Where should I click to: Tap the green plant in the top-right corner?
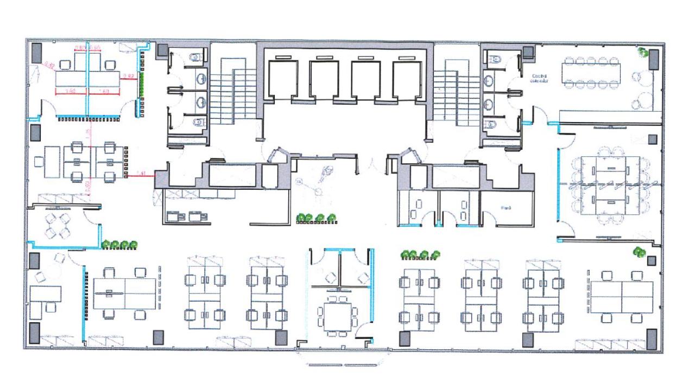(x=643, y=53)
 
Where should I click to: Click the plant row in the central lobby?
(x=317, y=218)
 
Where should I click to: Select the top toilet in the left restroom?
(x=197, y=57)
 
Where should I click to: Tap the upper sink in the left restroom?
(x=201, y=79)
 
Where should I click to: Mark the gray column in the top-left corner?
(x=36, y=53)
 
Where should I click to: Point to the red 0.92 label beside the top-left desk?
(x=129, y=76)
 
